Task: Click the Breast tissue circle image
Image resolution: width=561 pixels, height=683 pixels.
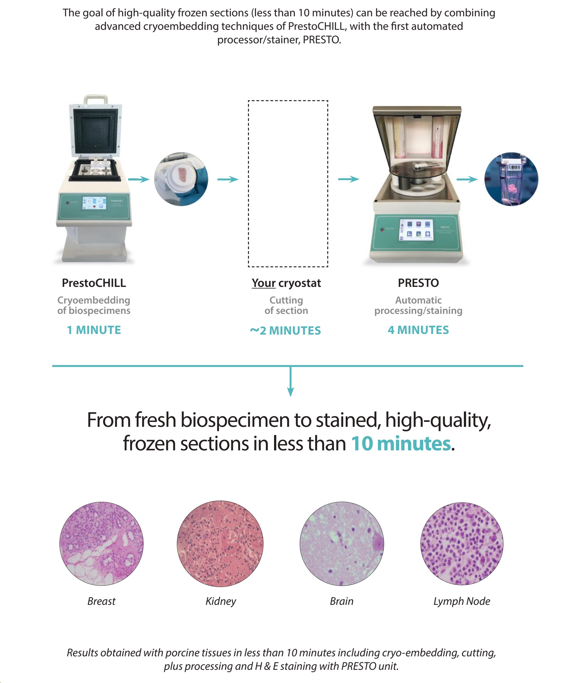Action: pos(102,544)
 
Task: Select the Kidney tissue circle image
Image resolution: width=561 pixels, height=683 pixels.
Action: pos(220,544)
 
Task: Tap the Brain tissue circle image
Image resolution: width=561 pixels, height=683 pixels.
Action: pos(342,544)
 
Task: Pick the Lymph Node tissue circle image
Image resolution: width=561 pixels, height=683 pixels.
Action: pos(462,544)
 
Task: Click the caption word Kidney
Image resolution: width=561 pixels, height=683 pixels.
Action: pos(221,601)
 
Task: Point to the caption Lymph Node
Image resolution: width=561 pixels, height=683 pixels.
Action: pos(462,601)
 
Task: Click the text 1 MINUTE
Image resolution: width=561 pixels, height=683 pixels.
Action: pos(94,330)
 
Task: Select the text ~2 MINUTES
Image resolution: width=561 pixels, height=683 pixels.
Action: pos(285,331)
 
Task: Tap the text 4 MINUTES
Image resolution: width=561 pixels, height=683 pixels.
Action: pos(418,330)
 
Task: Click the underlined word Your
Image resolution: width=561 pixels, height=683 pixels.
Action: pos(264,283)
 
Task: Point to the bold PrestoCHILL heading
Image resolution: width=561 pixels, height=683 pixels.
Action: pos(94,283)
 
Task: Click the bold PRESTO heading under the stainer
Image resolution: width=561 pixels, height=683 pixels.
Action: pos(418,283)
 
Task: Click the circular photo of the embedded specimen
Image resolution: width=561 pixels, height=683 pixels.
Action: pos(181,179)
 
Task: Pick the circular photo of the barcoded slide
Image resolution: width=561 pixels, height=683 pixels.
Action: pos(511,179)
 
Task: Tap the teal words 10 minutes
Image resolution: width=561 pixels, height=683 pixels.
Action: pos(401,444)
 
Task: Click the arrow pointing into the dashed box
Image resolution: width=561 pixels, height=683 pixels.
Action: pos(228,179)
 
